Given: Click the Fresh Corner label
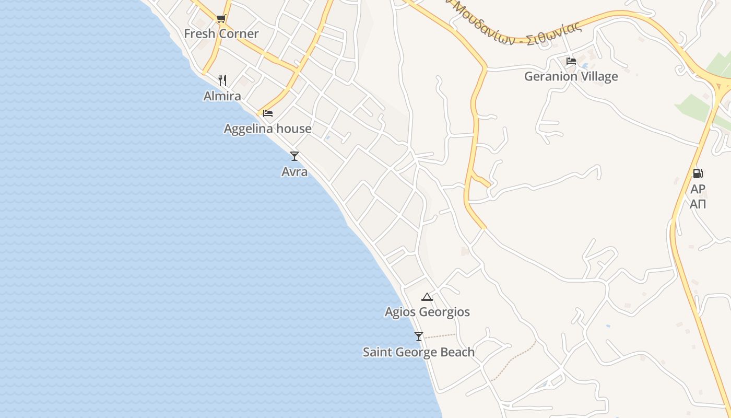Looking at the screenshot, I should [221, 34].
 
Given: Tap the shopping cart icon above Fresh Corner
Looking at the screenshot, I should [221, 19].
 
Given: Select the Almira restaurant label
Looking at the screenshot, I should [222, 96].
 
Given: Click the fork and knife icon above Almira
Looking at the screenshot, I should [222, 80].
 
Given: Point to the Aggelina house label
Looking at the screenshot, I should [268, 129].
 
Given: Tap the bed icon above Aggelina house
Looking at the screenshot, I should [268, 113].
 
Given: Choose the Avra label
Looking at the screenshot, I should [294, 171].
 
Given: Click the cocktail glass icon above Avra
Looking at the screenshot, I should [294, 156].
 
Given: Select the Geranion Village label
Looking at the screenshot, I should [571, 76].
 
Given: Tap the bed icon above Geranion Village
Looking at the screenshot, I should [571, 61].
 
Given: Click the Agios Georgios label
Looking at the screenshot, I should [427, 312].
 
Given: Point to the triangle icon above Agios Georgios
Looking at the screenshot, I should [427, 297].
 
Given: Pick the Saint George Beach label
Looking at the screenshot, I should [419, 352].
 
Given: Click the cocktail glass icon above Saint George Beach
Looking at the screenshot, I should [418, 336].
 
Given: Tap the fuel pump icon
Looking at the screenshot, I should [698, 173].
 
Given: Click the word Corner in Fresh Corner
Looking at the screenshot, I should [239, 34].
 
